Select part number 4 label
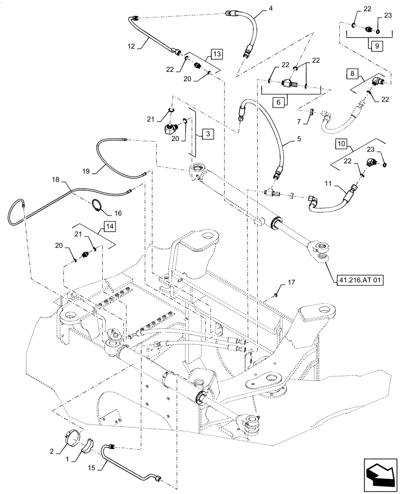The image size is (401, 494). coord(271,9)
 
